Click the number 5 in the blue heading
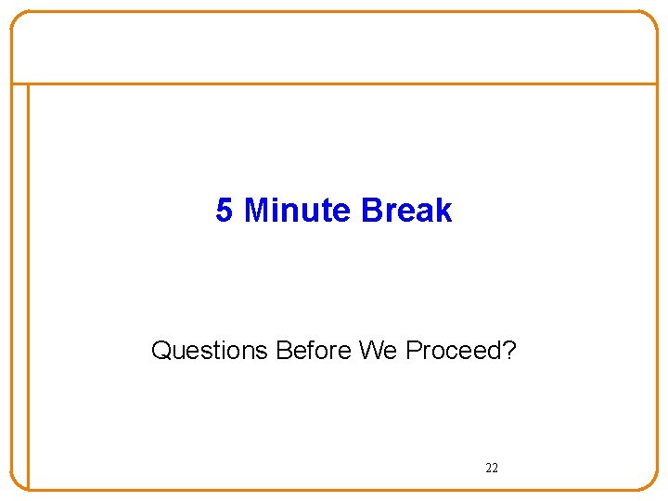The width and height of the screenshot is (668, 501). [x=224, y=211]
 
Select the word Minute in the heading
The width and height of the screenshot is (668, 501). [x=297, y=211]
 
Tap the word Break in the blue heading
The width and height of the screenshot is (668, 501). [x=406, y=211]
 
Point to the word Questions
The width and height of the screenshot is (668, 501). [x=210, y=351]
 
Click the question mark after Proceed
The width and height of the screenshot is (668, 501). [x=510, y=351]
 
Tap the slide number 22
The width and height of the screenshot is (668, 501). [x=492, y=468]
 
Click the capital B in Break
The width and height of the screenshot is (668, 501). [x=371, y=211]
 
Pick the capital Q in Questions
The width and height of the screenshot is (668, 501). [x=161, y=351]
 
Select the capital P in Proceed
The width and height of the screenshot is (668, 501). [x=413, y=351]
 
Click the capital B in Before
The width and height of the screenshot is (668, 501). [x=284, y=351]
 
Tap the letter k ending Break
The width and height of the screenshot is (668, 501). [x=444, y=211]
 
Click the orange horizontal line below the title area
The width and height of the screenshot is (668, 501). [x=334, y=83]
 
